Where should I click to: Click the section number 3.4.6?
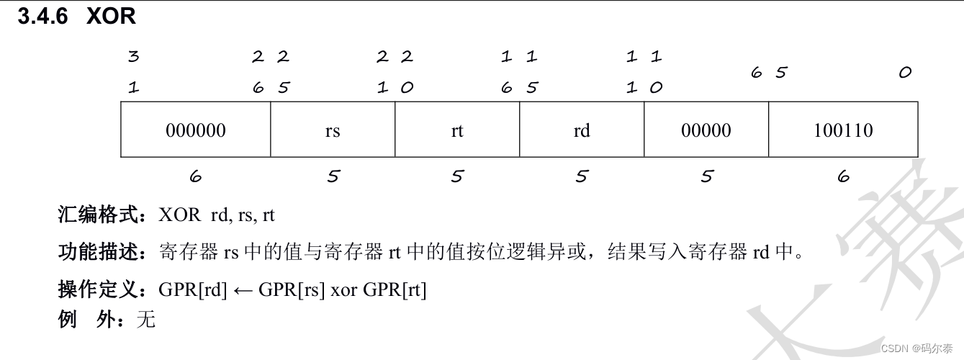[42, 17]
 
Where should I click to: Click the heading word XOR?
[111, 17]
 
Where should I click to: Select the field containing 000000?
[195, 130]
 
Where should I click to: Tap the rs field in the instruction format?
[332, 130]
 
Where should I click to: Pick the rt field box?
[457, 130]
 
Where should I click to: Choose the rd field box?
[582, 130]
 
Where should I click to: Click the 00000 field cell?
[706, 130]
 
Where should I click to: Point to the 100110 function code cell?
[843, 130]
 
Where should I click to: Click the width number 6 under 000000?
[195, 176]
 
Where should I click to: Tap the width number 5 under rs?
[333, 176]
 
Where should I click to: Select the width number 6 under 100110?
[844, 176]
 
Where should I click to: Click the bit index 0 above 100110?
[905, 73]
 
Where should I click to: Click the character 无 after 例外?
[145, 319]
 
